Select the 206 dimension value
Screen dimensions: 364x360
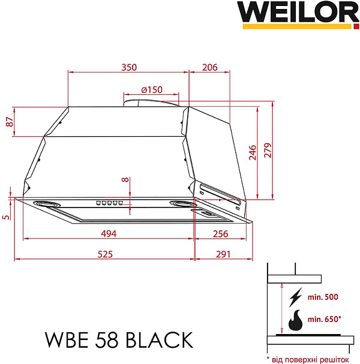pos(209,68)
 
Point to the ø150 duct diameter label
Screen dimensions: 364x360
pos(152,89)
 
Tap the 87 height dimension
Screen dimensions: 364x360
pos(8,122)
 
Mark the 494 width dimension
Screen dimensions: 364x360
pos(108,234)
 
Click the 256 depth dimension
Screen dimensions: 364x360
pos(221,234)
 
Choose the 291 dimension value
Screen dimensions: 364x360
pos(223,254)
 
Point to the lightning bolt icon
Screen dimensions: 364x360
pos(295,298)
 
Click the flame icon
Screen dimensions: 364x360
pos(295,321)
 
